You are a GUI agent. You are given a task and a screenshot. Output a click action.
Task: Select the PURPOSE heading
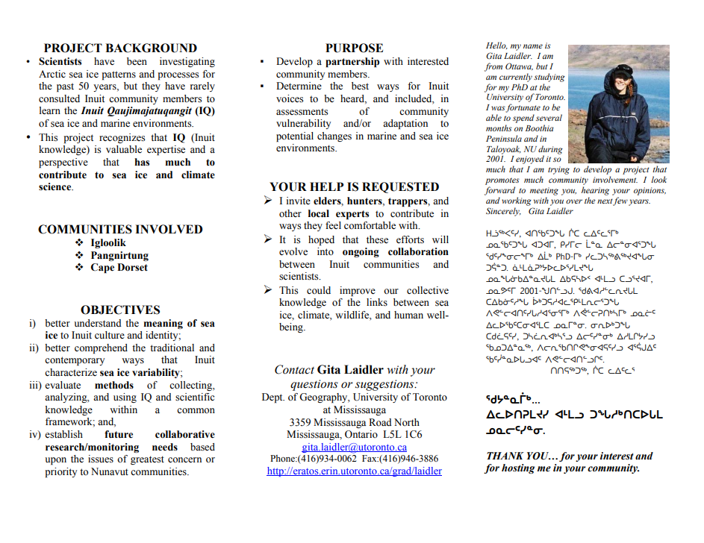[x=354, y=48]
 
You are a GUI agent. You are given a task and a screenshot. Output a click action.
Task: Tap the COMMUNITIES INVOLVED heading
[x=120, y=230]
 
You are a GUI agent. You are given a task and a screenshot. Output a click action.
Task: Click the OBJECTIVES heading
[x=120, y=310]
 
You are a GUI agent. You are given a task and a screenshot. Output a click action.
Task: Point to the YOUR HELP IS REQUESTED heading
[x=354, y=187]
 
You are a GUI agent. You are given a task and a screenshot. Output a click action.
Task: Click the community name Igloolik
[x=108, y=243]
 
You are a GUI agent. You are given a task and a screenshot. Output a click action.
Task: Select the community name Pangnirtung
[x=119, y=255]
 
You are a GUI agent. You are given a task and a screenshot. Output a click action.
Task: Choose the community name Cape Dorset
[x=119, y=267]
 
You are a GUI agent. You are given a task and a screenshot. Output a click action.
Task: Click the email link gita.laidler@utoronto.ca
[x=354, y=447]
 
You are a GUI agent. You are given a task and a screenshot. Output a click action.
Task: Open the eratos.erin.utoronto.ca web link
[x=354, y=471]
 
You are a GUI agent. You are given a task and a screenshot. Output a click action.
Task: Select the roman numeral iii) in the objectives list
[x=35, y=386]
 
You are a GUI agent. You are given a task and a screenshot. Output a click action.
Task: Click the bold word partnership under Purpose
[x=352, y=62]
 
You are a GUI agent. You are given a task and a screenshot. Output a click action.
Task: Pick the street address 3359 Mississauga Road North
[x=354, y=422]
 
